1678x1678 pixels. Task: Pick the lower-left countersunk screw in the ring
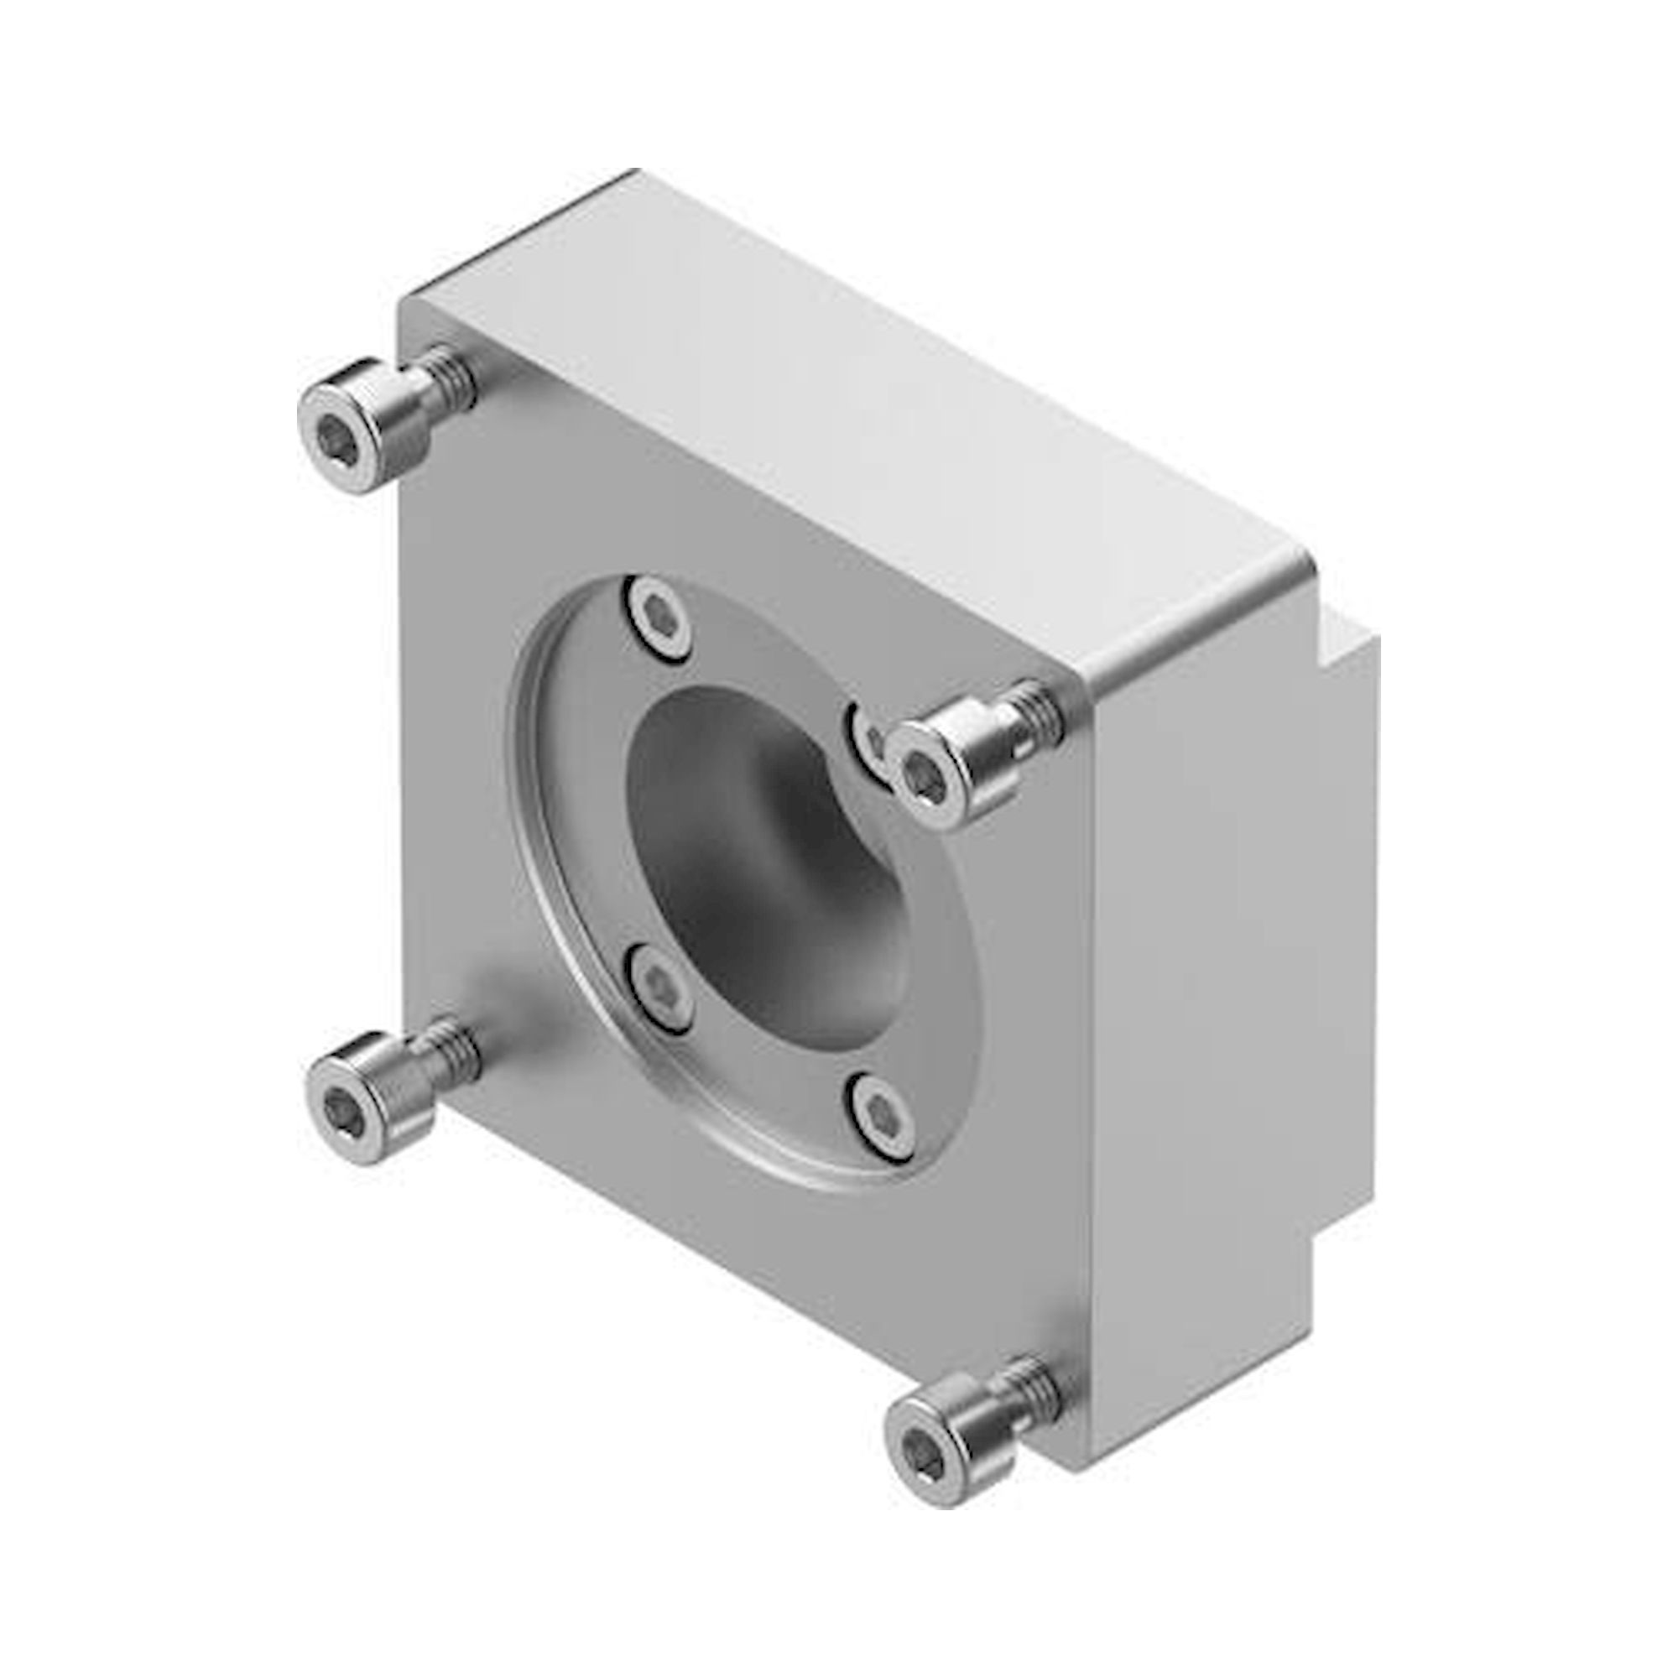click(662, 987)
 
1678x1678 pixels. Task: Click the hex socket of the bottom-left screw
click(341, 1109)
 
